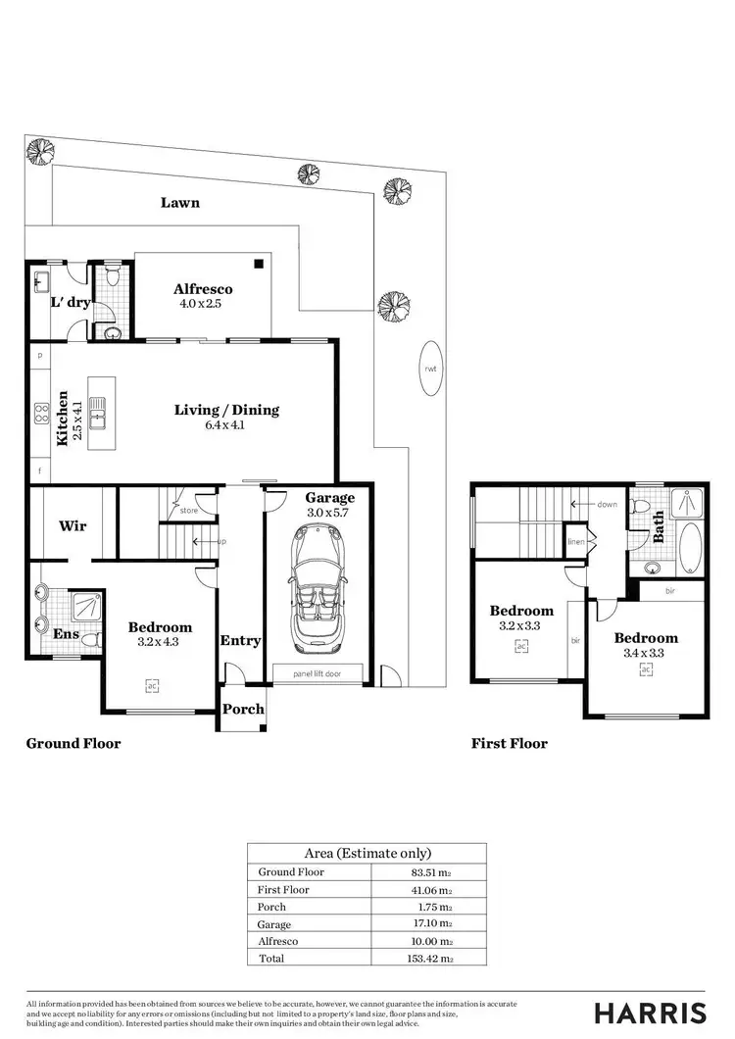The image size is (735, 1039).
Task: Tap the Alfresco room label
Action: [203, 289]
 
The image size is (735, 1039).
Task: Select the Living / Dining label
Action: [226, 410]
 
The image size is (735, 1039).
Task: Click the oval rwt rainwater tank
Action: [430, 368]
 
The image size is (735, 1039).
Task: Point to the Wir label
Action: [73, 526]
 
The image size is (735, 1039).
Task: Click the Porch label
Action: [242, 709]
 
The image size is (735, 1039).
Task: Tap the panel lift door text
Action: [318, 674]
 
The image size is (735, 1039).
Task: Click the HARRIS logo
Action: [650, 1013]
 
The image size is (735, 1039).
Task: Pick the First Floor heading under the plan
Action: [509, 743]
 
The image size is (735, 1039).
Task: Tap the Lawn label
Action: [180, 202]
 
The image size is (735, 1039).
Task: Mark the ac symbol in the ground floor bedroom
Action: [151, 686]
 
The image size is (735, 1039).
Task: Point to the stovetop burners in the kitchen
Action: [42, 413]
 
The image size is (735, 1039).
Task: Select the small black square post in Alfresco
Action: [259, 263]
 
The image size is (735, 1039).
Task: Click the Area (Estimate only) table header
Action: [367, 853]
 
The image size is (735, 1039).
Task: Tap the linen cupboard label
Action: [577, 542]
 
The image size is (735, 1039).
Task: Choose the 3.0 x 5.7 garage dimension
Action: [329, 512]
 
